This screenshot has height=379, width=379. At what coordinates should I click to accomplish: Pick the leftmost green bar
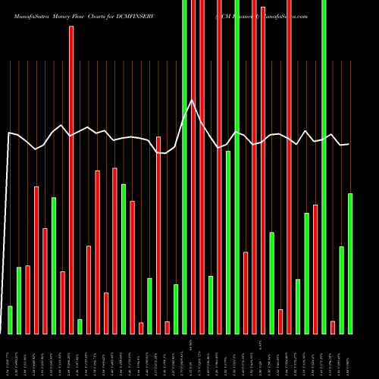click(x=10, y=320)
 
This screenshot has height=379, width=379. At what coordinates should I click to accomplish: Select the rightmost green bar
click(x=350, y=263)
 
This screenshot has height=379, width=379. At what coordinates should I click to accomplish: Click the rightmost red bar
click(x=333, y=327)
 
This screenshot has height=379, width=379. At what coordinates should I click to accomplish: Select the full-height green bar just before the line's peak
click(x=184, y=167)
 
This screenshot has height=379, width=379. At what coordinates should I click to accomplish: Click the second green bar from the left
click(x=19, y=300)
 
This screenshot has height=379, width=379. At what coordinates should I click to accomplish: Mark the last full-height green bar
click(x=324, y=167)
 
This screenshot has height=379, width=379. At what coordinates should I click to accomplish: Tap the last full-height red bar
click(x=289, y=167)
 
